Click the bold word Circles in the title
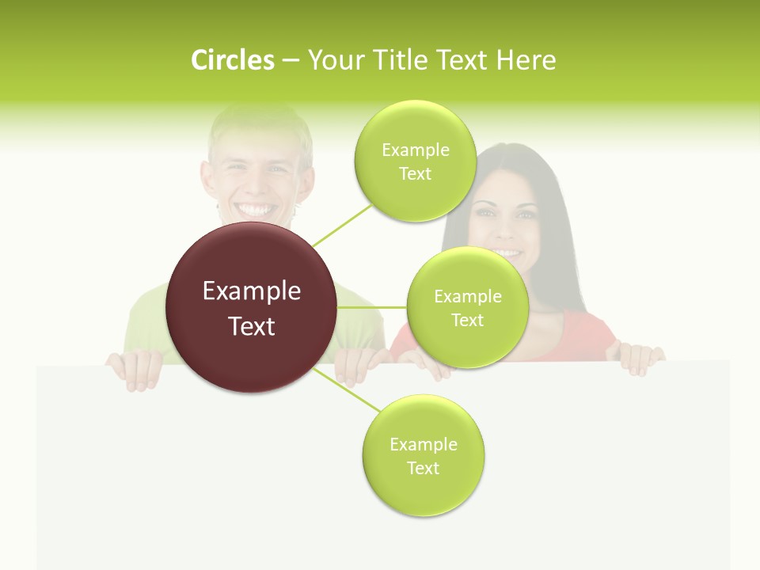232,60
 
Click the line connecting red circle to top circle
342,224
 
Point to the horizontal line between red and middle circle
371,307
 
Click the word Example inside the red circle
252,291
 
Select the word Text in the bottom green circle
423,469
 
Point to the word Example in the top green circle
415,150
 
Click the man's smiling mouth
258,211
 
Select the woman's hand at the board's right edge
639,359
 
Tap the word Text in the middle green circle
467,321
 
